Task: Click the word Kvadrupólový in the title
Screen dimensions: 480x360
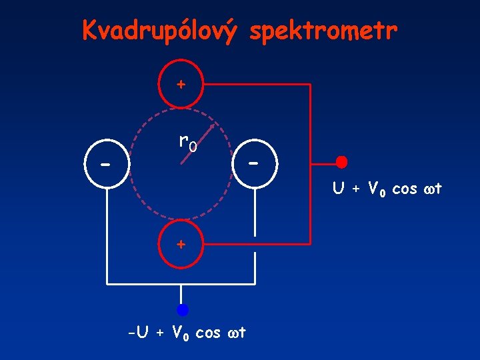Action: (x=159, y=30)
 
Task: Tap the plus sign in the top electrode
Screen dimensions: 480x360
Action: (x=180, y=85)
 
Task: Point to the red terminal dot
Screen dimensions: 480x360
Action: (x=341, y=162)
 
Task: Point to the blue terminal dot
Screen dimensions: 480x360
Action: (x=182, y=309)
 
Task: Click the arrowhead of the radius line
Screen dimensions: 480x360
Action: (x=213, y=125)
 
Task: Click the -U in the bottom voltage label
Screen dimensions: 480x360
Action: (x=139, y=331)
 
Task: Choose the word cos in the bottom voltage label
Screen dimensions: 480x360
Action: (x=208, y=331)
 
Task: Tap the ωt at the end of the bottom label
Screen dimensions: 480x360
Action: (x=235, y=331)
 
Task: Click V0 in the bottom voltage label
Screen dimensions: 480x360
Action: (x=179, y=331)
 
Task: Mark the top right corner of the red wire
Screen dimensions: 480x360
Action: (x=311, y=85)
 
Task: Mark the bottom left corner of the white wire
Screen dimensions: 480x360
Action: (x=106, y=285)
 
